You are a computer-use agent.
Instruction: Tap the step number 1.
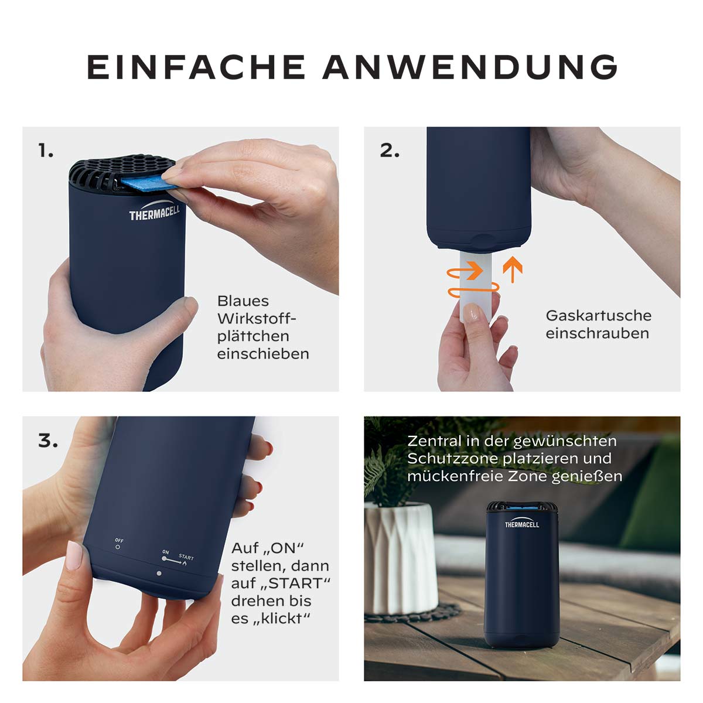coord(46,151)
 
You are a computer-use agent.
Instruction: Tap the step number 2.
coord(390,151)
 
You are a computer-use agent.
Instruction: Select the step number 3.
coord(47,441)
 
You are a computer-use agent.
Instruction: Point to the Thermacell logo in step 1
coord(154,213)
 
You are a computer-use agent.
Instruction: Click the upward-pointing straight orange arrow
coord(512,269)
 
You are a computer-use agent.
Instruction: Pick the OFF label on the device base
coord(119,540)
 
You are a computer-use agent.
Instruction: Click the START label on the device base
coord(186,557)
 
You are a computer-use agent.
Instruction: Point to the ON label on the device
coord(165,552)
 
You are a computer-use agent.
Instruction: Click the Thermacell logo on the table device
coord(521,524)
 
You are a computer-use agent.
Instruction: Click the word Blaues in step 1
coord(243,301)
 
